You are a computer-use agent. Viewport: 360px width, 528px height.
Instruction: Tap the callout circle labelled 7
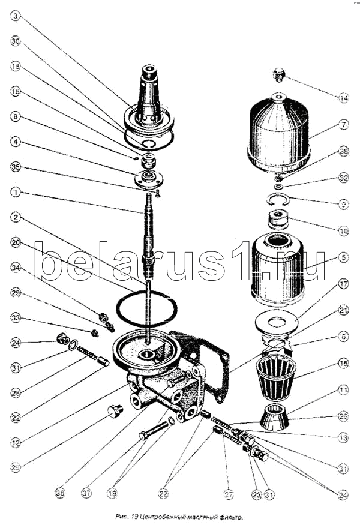[x=343, y=125]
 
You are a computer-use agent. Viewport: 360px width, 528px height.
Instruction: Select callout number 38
[x=343, y=152]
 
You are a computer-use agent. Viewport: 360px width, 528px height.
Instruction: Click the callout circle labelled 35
[x=16, y=168]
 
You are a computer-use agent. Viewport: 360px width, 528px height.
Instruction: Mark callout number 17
[x=343, y=284]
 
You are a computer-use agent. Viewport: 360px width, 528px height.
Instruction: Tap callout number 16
[x=343, y=363]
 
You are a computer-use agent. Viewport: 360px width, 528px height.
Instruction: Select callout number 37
[x=87, y=493]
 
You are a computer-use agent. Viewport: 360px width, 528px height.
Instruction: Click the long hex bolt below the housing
[x=154, y=430]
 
